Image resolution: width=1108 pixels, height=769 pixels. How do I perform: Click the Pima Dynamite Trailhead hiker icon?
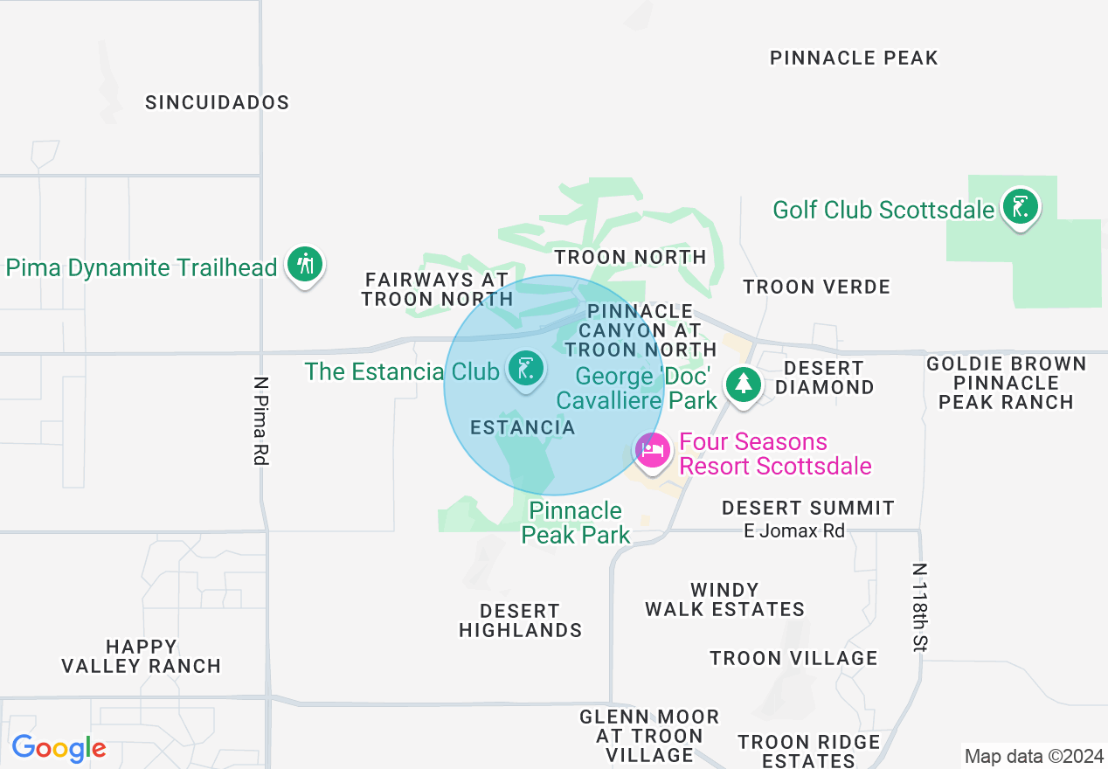coord(305,263)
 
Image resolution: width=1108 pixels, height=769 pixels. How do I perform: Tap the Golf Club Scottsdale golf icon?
coord(1019,208)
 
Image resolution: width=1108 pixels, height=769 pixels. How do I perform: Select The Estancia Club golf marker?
coord(524,370)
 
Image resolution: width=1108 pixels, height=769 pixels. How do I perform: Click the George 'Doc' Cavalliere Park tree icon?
coord(743,384)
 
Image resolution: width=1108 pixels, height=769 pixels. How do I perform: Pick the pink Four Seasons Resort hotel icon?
coord(653,451)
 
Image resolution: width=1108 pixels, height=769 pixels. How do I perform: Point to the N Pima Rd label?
coord(260,419)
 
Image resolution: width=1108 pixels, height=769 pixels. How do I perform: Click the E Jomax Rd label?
coord(794,530)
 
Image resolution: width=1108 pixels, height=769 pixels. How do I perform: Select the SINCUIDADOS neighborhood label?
coord(218,102)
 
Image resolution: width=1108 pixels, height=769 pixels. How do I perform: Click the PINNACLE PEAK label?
coord(854,58)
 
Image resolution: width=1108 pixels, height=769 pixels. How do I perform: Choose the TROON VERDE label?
coord(816,287)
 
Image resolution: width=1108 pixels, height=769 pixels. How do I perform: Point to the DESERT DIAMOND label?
coord(824,378)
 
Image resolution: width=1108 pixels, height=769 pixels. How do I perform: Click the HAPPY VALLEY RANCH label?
coord(141,656)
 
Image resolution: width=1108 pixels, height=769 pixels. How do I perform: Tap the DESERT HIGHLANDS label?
coord(520,620)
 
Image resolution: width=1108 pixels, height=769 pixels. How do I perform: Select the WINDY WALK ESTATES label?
coord(724,599)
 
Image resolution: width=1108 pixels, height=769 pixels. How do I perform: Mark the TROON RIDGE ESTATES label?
coord(808,751)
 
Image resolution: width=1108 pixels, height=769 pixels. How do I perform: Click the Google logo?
coord(59,749)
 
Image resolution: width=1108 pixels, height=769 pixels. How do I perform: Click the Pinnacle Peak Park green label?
coord(576,523)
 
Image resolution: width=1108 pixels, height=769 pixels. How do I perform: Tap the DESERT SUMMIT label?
coord(808,508)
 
